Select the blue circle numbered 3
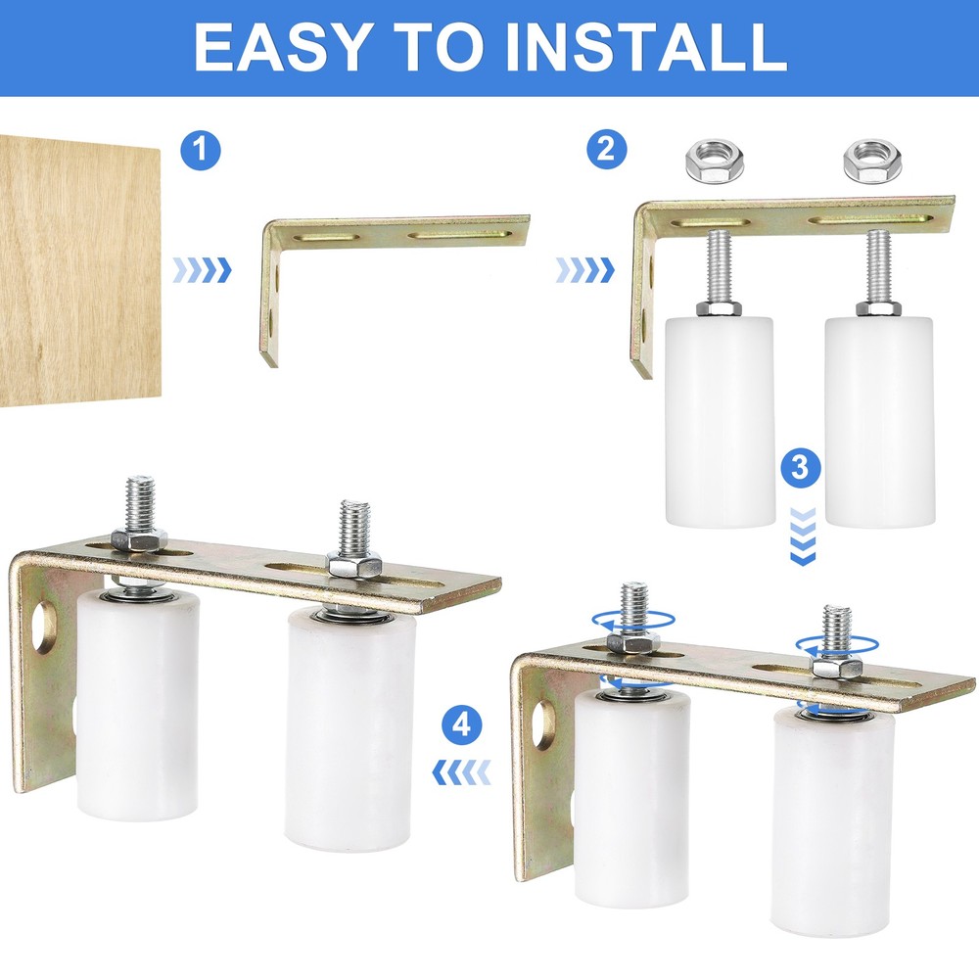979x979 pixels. (x=801, y=467)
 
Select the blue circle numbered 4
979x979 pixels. (x=462, y=725)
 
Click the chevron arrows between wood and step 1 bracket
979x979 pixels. (x=202, y=269)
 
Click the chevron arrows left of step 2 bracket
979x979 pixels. (x=584, y=269)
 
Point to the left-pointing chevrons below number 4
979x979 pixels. (x=462, y=774)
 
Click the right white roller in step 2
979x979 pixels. (x=878, y=421)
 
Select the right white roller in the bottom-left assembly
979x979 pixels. (x=350, y=729)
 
